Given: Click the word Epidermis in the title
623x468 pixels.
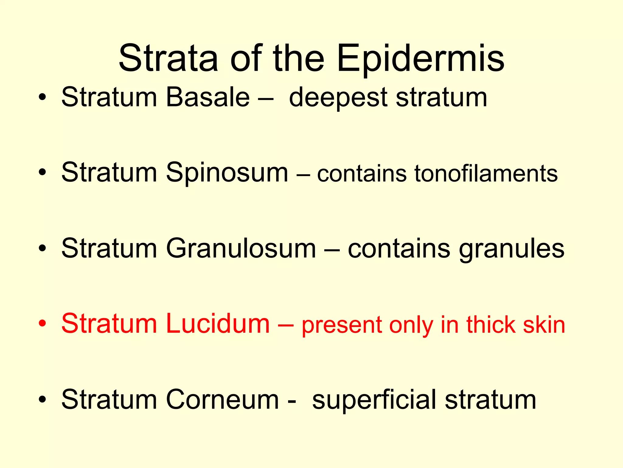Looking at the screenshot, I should click(x=421, y=58).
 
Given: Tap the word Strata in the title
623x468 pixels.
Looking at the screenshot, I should click(x=168, y=58).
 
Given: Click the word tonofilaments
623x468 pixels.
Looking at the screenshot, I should click(x=486, y=174).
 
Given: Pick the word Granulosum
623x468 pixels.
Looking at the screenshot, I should click(x=241, y=249).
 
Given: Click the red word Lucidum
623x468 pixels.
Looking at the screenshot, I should click(x=218, y=324).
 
